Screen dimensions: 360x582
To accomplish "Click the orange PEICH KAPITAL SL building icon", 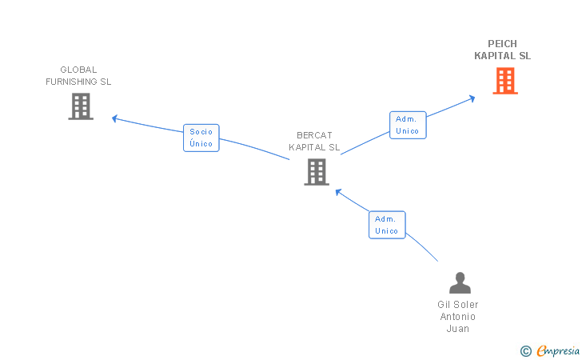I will coord(504,81).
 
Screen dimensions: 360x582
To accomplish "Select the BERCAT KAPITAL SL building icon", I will coord(317,171).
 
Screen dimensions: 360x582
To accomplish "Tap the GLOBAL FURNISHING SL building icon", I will coord(81,106).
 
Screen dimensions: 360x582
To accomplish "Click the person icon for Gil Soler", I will coord(460,283).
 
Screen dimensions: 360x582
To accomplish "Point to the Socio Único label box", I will coord(201,138).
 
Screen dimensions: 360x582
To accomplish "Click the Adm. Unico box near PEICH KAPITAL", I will coord(408,125).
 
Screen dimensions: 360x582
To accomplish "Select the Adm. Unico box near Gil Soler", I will coord(387,225).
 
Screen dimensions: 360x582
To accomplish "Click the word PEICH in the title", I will coord(502,44).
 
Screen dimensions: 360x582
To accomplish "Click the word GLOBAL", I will coord(78,70).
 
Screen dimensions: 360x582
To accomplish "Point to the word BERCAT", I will coord(314,135).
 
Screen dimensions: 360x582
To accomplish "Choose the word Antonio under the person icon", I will coord(458,317).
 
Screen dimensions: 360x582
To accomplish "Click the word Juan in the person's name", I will coord(458,329).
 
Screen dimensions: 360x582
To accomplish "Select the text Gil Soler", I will coord(458,305).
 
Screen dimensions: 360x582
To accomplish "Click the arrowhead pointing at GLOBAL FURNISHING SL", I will coord(114,118).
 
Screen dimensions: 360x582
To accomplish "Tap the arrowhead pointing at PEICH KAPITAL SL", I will coord(472,98).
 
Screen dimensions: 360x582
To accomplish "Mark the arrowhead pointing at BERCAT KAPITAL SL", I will coord(338,191).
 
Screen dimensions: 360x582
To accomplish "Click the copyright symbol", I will coord(525,350).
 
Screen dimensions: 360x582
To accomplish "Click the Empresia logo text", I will coord(556,350).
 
